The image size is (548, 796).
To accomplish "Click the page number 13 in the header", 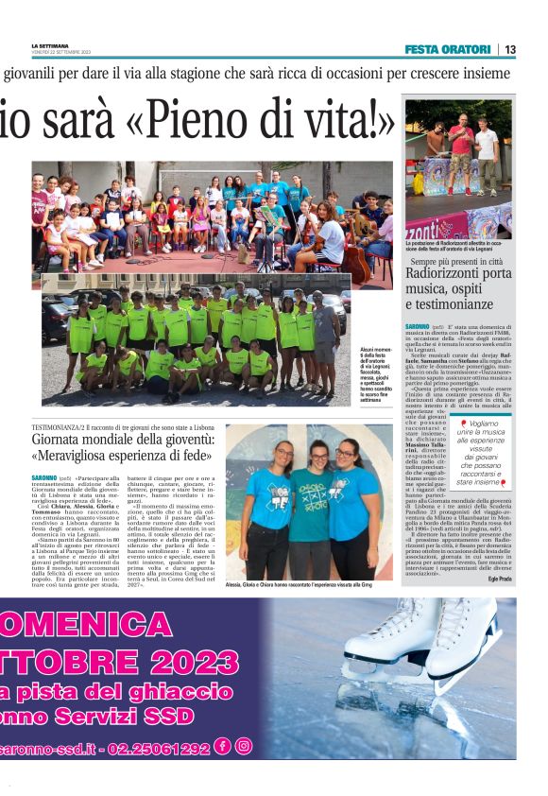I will pos(509,49).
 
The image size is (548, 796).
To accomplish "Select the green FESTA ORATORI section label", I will pos(447,49).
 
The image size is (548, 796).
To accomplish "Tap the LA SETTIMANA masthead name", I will pos(50,46).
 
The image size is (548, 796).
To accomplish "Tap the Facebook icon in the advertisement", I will pos(223,747).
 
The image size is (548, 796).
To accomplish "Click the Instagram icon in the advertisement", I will pos(244,747).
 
